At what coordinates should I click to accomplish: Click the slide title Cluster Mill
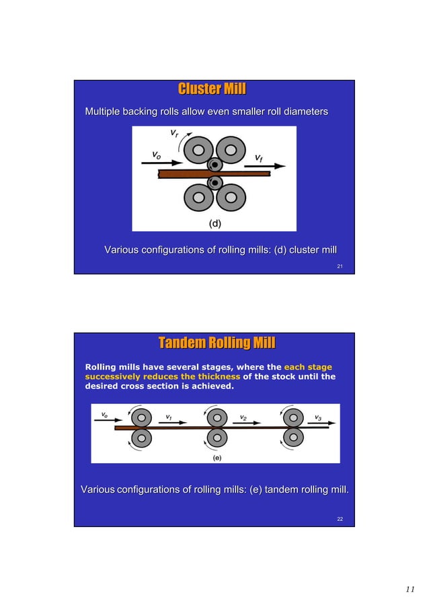[212, 89]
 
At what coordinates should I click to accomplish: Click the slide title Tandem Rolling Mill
[217, 344]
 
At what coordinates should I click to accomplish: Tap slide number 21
[340, 267]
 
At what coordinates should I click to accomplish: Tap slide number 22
[340, 519]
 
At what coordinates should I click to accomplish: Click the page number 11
[410, 590]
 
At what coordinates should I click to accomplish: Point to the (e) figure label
[217, 458]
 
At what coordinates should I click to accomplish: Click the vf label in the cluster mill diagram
[259, 158]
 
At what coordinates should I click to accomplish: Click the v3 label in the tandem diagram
[317, 417]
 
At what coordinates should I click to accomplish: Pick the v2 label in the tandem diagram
[243, 417]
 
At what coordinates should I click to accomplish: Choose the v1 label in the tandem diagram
[169, 417]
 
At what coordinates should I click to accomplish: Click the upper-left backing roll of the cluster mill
[196, 149]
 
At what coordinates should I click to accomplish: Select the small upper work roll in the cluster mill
[214, 165]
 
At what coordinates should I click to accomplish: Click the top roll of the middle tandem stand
[216, 417]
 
